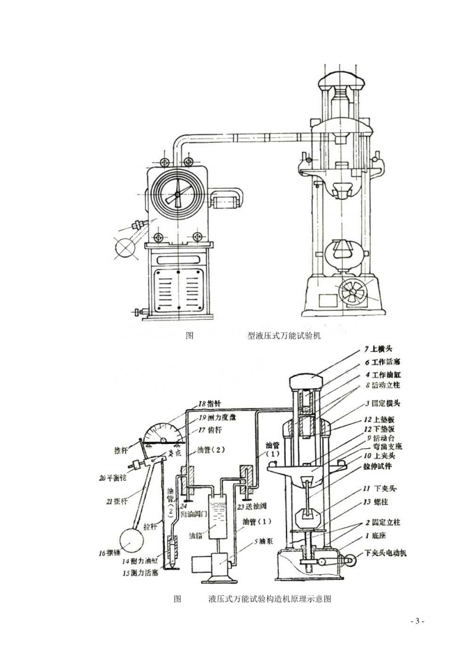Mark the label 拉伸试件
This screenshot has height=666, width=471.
pyautogui.click(x=386, y=467)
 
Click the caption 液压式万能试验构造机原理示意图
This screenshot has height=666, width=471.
pyautogui.click(x=270, y=599)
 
